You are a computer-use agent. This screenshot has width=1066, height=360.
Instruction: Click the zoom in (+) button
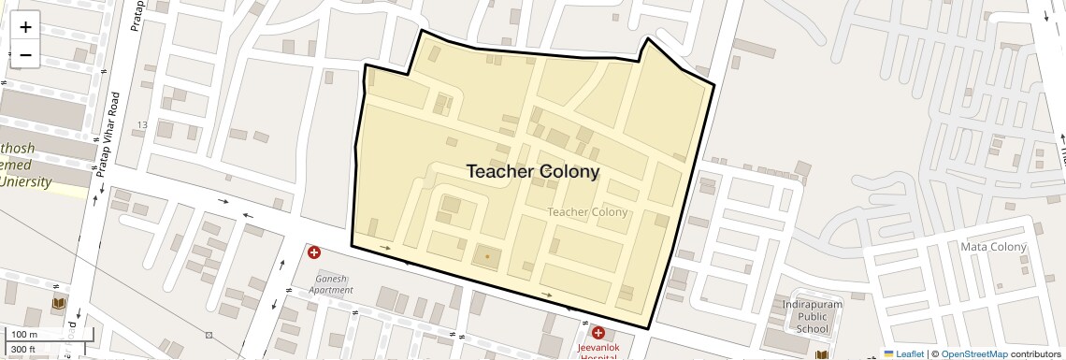[25, 26]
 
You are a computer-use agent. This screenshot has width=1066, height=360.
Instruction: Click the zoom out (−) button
[25, 55]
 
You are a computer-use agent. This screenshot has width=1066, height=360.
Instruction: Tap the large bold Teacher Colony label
[532, 172]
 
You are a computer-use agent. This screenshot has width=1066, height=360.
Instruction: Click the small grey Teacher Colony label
[587, 212]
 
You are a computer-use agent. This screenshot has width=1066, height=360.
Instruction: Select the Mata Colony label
[994, 247]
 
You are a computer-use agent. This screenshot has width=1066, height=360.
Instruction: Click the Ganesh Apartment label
[334, 284]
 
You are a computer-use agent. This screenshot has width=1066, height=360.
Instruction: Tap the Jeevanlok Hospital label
[598, 352]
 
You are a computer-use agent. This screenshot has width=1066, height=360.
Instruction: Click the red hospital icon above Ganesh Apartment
[314, 252]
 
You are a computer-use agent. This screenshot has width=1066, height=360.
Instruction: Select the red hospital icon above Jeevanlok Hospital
[598, 333]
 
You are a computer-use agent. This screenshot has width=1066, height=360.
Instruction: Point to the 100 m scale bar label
[24, 335]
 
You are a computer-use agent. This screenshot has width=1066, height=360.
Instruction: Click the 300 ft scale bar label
[24, 350]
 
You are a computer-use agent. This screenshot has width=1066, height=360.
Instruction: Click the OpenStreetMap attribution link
[973, 354]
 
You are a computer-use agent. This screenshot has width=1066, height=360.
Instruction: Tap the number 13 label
[142, 125]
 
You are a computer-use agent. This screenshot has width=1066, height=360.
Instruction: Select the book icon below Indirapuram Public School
[821, 355]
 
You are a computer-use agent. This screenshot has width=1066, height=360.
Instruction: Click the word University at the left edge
[25, 181]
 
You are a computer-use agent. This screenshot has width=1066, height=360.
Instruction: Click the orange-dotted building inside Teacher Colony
[486, 255]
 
